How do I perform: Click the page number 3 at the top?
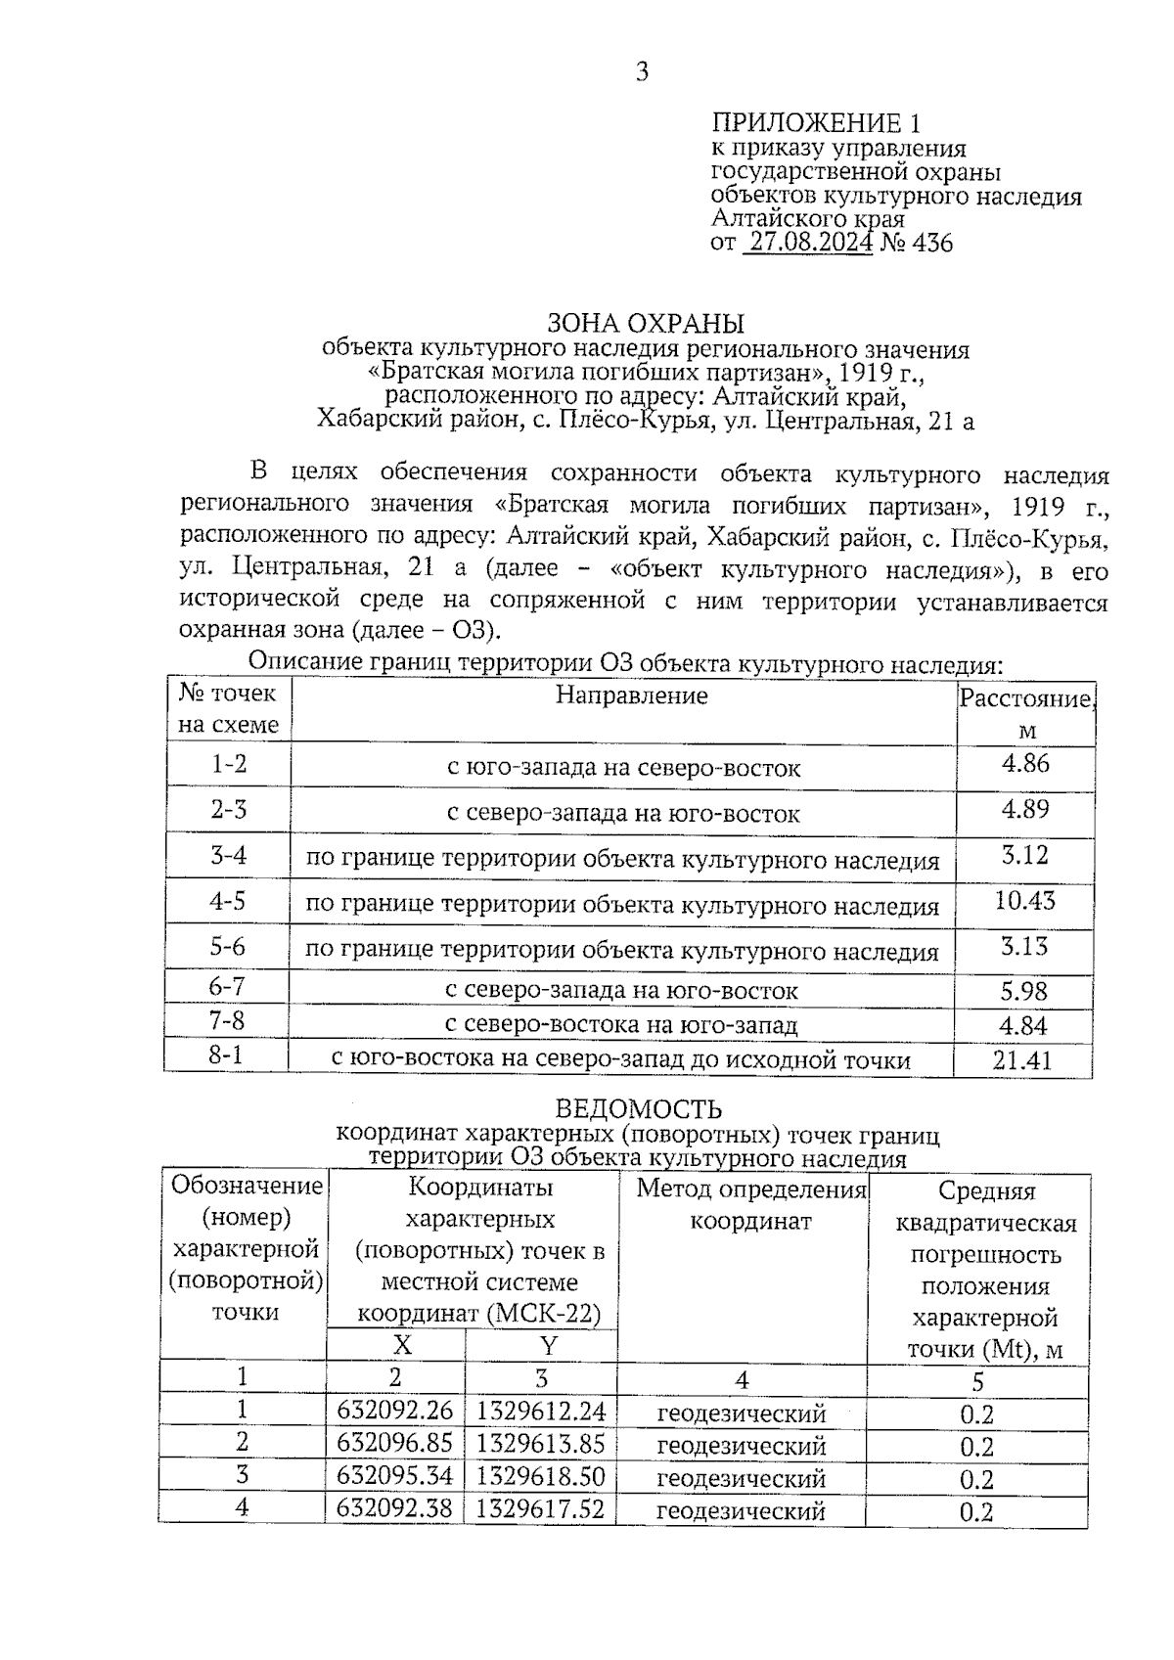tap(642, 71)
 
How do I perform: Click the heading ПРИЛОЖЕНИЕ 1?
tap(815, 123)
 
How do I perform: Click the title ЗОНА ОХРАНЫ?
tap(646, 324)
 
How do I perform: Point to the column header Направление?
tap(631, 695)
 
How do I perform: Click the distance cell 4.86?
tap(1024, 764)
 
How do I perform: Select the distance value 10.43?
tap(1024, 900)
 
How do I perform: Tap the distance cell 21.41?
tap(1022, 1060)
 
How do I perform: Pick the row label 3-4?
tap(228, 856)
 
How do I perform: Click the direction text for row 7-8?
tap(621, 1025)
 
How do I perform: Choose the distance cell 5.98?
tap(1023, 992)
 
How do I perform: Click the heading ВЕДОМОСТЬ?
tap(639, 1109)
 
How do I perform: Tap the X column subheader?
tap(402, 1345)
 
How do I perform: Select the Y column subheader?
tap(548, 1345)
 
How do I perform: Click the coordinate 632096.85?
tap(394, 1444)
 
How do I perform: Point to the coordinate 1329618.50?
tap(540, 1476)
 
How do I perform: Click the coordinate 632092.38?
tap(394, 1508)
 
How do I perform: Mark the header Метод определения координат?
tap(751, 1205)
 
